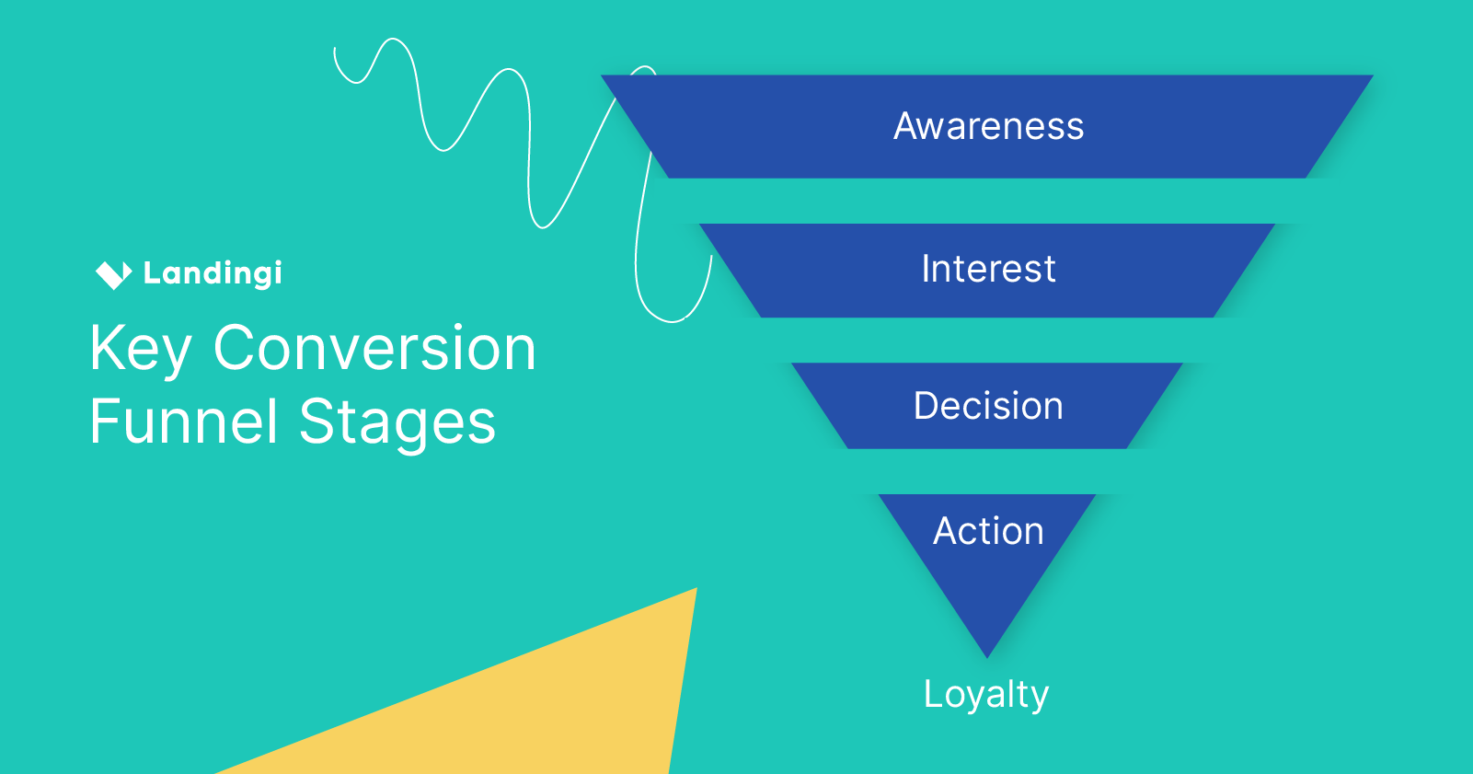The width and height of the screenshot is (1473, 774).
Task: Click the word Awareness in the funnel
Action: click(x=988, y=126)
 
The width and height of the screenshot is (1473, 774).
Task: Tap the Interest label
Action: click(x=988, y=269)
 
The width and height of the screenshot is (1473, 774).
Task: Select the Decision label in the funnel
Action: click(x=988, y=406)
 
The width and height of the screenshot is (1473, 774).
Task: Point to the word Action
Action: click(x=988, y=531)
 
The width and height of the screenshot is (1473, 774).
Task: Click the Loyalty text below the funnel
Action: click(x=986, y=694)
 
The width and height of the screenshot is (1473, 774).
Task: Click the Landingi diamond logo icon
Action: click(x=113, y=273)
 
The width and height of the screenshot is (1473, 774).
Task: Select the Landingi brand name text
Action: click(x=213, y=273)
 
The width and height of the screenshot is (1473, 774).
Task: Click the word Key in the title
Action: click(x=141, y=350)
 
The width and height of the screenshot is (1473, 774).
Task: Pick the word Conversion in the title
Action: click(x=374, y=349)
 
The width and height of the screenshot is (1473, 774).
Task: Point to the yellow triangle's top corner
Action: click(x=696, y=589)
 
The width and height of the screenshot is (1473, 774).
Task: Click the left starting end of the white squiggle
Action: click(x=335, y=49)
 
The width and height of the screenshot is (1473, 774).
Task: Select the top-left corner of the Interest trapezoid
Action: click(x=701, y=225)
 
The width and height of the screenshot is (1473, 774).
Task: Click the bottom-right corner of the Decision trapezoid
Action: click(x=1126, y=447)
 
